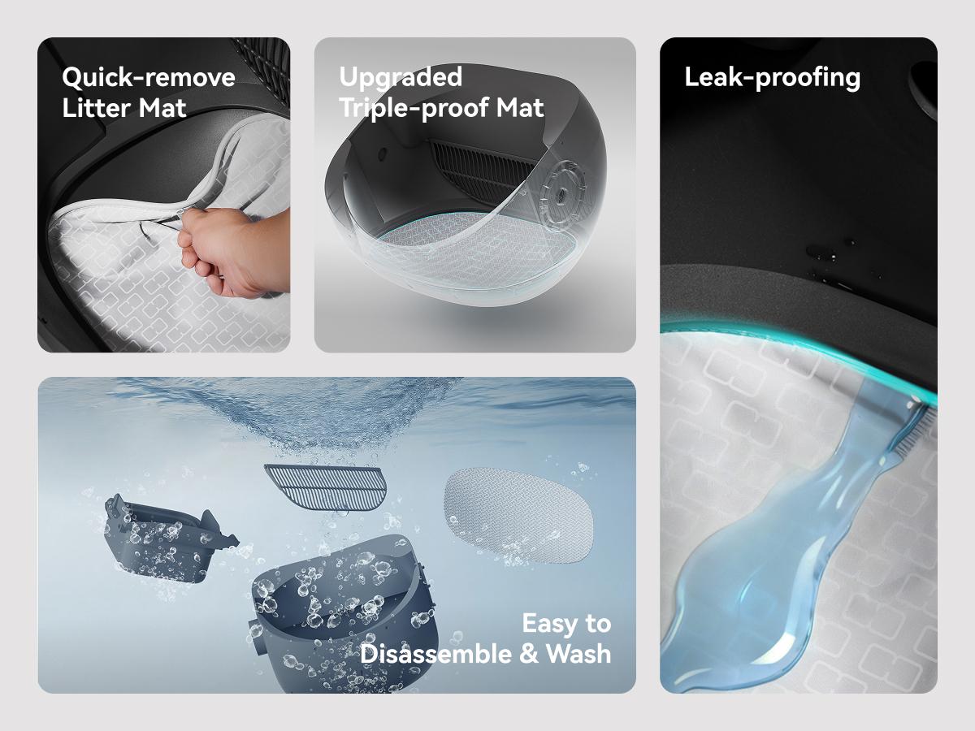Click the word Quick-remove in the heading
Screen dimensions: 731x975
coord(149,78)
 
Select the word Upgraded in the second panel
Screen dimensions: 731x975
coord(401,77)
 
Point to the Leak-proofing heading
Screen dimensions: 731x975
coord(772,77)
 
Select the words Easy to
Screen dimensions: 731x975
coord(565,624)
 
